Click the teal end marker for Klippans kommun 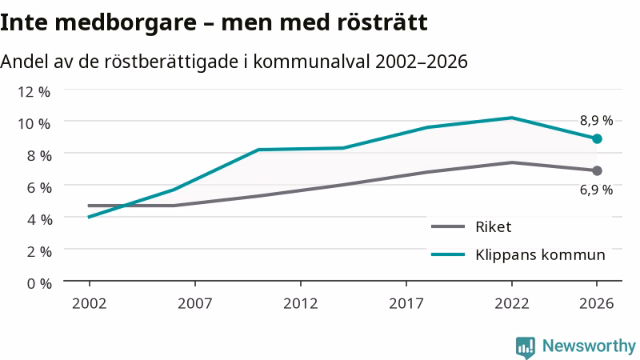[597, 139]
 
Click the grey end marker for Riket [597, 170]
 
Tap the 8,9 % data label [596, 121]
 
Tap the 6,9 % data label [596, 190]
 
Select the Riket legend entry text [493, 226]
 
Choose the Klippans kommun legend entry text [540, 254]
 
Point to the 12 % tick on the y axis [34, 91]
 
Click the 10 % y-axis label [34, 123]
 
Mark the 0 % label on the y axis [39, 283]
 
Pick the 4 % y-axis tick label [39, 219]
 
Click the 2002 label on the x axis [89, 303]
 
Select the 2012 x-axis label [301, 303]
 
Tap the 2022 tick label [511, 303]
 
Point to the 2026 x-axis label [596, 303]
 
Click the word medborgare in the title [126, 23]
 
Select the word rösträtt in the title [382, 22]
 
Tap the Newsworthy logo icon [526, 347]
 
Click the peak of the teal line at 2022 [511, 118]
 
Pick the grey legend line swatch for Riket [448, 226]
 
